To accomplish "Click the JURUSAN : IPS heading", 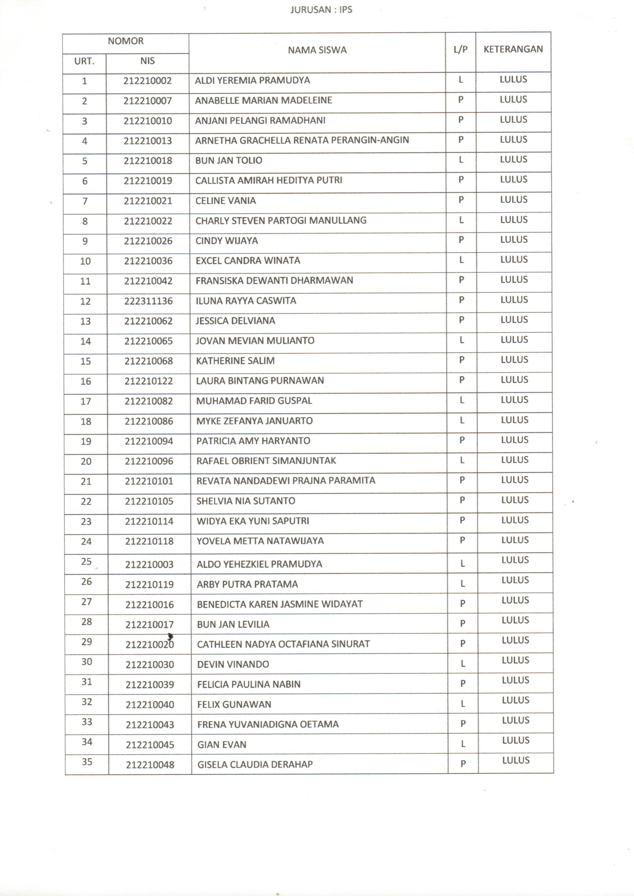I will point(321,10).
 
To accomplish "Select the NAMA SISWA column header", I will point(317,50).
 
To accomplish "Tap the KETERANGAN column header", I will point(513,49).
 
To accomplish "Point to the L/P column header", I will point(460,49).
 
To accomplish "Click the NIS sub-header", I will point(147,61).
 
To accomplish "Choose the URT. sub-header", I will point(84,61).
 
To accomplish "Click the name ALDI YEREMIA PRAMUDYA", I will point(252,80).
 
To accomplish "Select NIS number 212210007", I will point(148,101).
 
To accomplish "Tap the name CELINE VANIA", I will point(226,200).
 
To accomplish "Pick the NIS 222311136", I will point(148,301).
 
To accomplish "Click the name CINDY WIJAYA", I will point(227,241).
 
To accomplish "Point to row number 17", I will point(85,401).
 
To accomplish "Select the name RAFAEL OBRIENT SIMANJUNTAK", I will point(266,461).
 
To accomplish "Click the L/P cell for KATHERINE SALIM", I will point(462,360).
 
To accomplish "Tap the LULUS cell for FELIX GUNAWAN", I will point(515,700).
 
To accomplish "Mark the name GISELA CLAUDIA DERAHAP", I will point(255,765).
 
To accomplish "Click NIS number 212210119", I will point(149,584).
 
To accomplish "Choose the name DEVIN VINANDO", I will point(233,664).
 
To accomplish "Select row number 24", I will point(86,541).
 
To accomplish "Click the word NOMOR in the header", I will point(126,41).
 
